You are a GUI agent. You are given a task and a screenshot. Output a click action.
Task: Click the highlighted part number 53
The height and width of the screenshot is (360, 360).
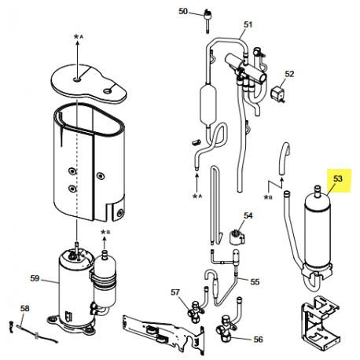click(339, 178)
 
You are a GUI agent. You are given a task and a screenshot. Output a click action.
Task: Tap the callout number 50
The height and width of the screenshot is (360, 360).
click(183, 12)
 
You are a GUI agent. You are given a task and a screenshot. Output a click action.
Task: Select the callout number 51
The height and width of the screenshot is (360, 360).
click(248, 24)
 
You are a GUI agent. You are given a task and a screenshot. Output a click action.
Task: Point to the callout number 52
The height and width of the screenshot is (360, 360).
click(289, 74)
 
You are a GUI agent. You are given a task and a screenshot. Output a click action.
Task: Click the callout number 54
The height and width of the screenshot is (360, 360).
click(248, 215)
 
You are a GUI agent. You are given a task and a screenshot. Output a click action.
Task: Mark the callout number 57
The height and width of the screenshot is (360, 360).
click(176, 292)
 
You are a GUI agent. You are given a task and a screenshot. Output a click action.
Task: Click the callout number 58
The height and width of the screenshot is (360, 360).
click(24, 308)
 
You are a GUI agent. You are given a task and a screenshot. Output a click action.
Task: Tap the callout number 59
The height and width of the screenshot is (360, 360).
click(35, 277)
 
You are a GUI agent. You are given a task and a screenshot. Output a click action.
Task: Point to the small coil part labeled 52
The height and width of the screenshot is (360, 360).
click(277, 96)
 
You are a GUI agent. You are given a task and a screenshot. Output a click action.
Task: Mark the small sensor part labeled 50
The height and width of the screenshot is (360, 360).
click(209, 15)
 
